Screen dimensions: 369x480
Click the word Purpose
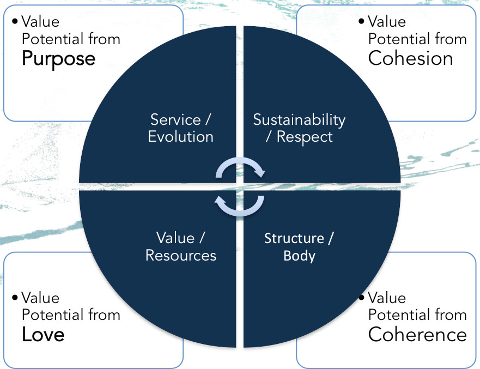[x=58, y=59]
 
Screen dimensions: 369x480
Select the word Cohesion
[x=410, y=59]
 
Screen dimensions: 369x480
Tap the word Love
[x=43, y=335]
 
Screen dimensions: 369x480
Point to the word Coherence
[x=417, y=335]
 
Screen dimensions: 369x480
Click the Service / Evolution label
[x=181, y=128]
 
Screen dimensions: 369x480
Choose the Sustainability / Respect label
[x=299, y=128]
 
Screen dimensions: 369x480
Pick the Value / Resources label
[x=181, y=246]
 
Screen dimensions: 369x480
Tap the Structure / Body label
[x=299, y=246]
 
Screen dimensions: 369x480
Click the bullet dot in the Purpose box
[x=15, y=22]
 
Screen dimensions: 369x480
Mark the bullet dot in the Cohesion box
[x=361, y=22]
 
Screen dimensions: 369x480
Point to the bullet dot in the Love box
[x=15, y=298]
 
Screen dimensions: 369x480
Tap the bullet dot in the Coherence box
[x=361, y=298]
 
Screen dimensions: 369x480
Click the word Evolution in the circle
[x=181, y=136]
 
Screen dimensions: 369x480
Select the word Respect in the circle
[x=305, y=136]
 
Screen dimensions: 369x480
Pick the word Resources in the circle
[x=181, y=255]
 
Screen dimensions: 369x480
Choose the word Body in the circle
[x=299, y=255]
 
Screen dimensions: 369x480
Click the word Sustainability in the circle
[x=299, y=119]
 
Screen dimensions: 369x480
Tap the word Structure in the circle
[x=294, y=238]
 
